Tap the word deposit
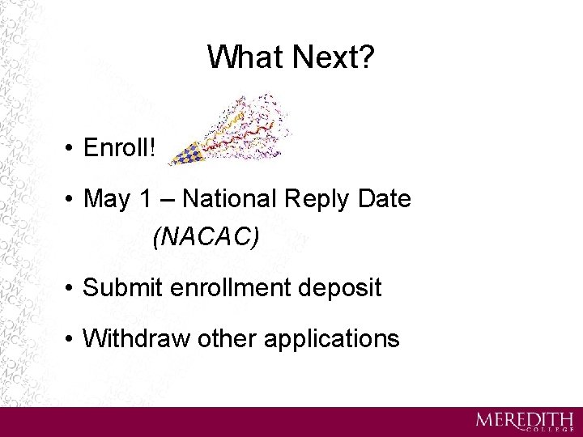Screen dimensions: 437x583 (343, 288)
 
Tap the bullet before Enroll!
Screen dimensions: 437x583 (72, 150)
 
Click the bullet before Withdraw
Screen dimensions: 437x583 (72, 338)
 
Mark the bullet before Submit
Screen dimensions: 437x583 (72, 288)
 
